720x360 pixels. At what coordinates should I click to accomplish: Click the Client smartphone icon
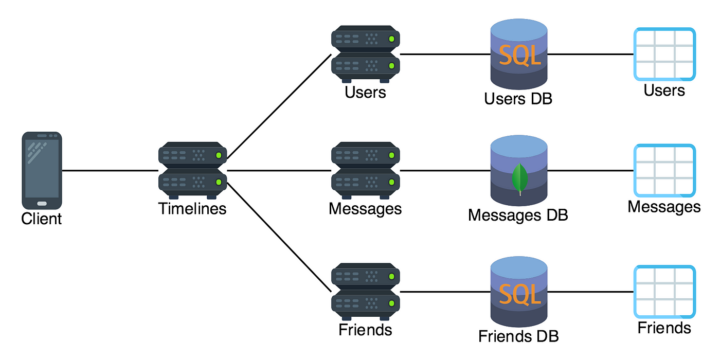(x=42, y=170)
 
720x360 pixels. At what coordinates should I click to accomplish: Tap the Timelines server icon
(x=193, y=170)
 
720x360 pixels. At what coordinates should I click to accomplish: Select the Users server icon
(x=366, y=53)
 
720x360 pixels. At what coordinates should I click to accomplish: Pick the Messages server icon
(x=366, y=170)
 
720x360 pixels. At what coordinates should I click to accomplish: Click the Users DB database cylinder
(x=518, y=53)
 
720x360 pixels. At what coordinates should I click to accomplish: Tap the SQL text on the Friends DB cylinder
(x=519, y=294)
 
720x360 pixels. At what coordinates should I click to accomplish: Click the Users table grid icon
(x=664, y=53)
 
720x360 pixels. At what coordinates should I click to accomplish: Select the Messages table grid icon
(x=664, y=170)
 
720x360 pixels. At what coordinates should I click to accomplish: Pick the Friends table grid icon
(x=664, y=292)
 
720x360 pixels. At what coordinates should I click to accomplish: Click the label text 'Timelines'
(x=192, y=209)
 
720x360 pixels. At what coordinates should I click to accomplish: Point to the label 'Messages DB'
(x=518, y=214)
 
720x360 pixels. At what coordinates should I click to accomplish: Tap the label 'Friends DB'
(x=518, y=336)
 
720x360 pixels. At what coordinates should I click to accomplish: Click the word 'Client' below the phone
(x=42, y=219)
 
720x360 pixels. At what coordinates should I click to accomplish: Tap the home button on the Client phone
(x=42, y=203)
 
